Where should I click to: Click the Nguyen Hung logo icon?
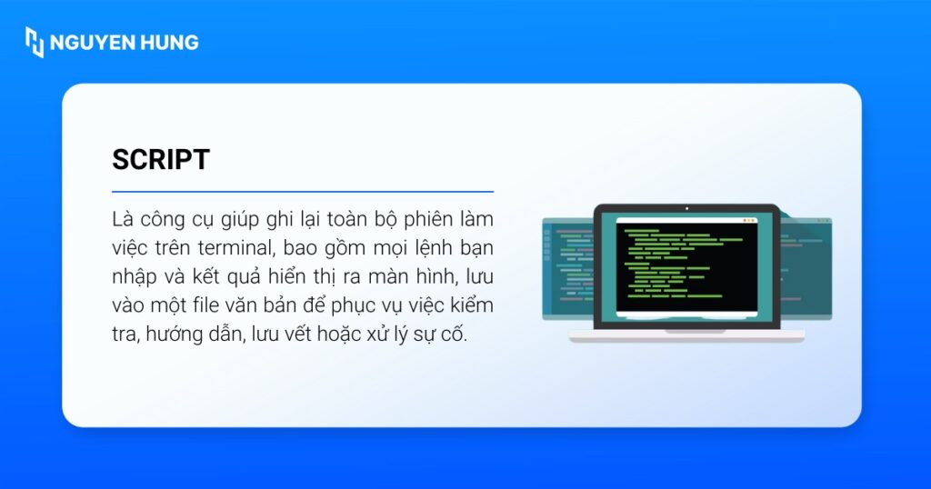click(x=34, y=42)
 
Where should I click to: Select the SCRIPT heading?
click(x=161, y=160)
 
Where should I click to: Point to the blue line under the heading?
click(x=302, y=192)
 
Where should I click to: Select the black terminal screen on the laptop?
click(x=686, y=268)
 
